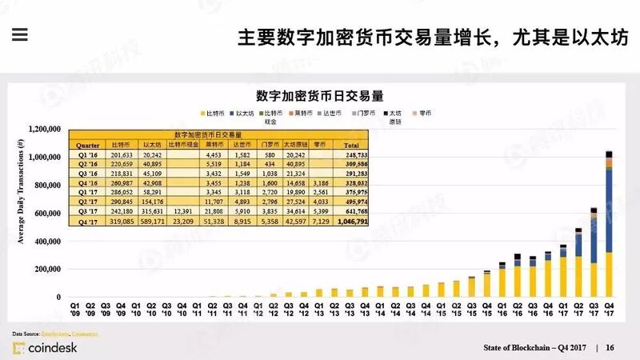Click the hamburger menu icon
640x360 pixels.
19,34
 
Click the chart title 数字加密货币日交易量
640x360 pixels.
319,95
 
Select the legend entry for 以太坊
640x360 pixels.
245,114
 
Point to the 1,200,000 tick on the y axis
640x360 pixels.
46,129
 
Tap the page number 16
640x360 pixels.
610,347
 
